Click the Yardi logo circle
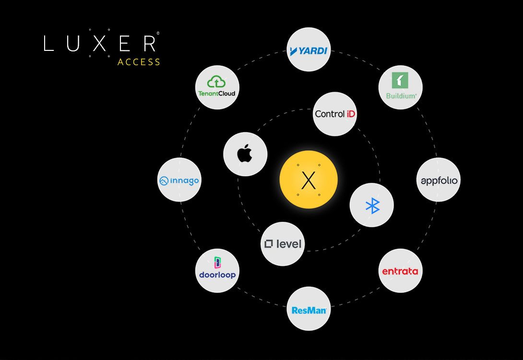click(309, 49)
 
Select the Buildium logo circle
click(400, 87)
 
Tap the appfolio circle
click(438, 180)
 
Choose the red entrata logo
click(400, 271)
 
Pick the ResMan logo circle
click(309, 309)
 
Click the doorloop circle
click(217, 271)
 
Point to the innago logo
click(179, 180)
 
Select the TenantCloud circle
click(217, 87)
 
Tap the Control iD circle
click(334, 114)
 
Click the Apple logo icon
click(245, 154)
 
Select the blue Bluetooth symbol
click(372, 205)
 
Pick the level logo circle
click(283, 244)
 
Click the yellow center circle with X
click(309, 180)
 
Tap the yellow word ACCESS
click(139, 62)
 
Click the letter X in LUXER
click(99, 43)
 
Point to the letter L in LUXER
click(48, 43)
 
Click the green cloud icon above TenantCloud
click(216, 82)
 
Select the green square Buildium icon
click(400, 81)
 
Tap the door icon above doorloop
click(217, 263)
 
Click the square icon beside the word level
click(269, 244)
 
